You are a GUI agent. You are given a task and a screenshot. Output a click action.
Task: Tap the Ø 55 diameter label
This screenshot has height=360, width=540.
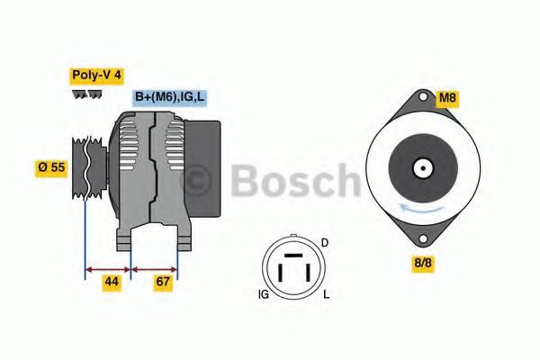coord(50,166)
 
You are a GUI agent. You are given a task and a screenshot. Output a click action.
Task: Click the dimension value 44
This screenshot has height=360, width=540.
coord(111,282)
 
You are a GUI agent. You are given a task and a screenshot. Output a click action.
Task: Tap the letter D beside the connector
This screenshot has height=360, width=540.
coord(325,243)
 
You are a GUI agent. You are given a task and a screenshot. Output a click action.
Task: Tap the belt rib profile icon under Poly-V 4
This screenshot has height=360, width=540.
coord(85,94)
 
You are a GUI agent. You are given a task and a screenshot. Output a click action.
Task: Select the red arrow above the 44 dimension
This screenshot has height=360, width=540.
coord(108,267)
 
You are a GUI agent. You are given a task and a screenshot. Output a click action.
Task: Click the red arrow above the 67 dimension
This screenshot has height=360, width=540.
coord(155,267)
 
